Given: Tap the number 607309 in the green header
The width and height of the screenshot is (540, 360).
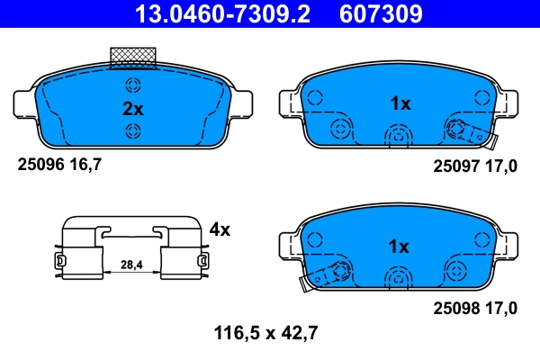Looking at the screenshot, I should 379,13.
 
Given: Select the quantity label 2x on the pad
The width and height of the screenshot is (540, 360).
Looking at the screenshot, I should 132,109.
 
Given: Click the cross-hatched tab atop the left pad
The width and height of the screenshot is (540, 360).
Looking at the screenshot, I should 132,57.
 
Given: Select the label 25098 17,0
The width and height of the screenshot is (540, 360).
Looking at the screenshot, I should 475,308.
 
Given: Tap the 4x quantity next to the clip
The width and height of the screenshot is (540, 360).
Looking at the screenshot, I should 220,229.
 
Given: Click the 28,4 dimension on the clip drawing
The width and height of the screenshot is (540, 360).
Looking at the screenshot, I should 132,265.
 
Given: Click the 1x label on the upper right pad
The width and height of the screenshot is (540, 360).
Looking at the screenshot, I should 400,103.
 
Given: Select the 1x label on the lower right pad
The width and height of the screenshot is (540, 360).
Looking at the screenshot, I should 400,247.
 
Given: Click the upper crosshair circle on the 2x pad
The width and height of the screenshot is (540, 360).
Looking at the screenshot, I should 133,86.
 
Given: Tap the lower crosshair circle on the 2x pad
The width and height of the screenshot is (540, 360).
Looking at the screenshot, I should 133,132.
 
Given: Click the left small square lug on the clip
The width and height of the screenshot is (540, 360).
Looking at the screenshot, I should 60,261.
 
